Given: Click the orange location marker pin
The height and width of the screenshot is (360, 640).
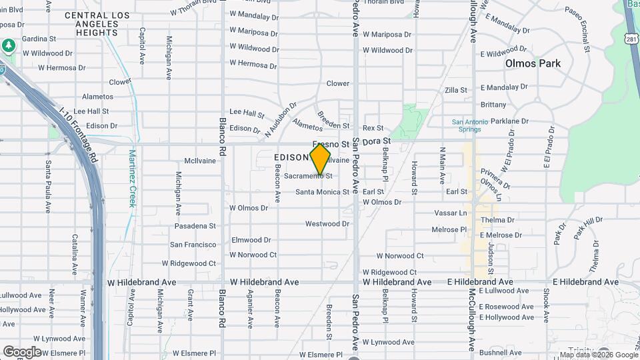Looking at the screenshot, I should click(320, 159).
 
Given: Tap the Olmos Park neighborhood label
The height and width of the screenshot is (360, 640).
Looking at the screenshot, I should click(533, 63).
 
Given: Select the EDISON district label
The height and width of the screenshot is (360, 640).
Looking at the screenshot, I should click(291, 157).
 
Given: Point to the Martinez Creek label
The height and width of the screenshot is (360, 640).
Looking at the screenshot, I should click(131, 178).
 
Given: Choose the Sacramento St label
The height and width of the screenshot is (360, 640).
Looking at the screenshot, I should click(308, 176).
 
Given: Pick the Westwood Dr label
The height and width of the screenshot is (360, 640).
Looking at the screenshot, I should click(327, 224).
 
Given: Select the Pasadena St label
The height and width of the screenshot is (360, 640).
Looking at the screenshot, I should click(195, 227).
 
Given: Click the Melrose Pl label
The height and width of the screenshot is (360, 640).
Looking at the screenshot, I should click(449, 229).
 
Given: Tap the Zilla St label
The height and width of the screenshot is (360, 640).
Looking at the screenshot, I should click(456, 90).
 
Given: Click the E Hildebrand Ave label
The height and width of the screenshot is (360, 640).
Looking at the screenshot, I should click(480, 282).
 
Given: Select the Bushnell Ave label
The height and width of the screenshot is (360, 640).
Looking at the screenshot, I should click(503, 351).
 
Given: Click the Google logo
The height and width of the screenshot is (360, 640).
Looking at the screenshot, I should click(22, 351).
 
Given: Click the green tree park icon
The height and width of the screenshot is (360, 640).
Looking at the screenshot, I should click(8, 46).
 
